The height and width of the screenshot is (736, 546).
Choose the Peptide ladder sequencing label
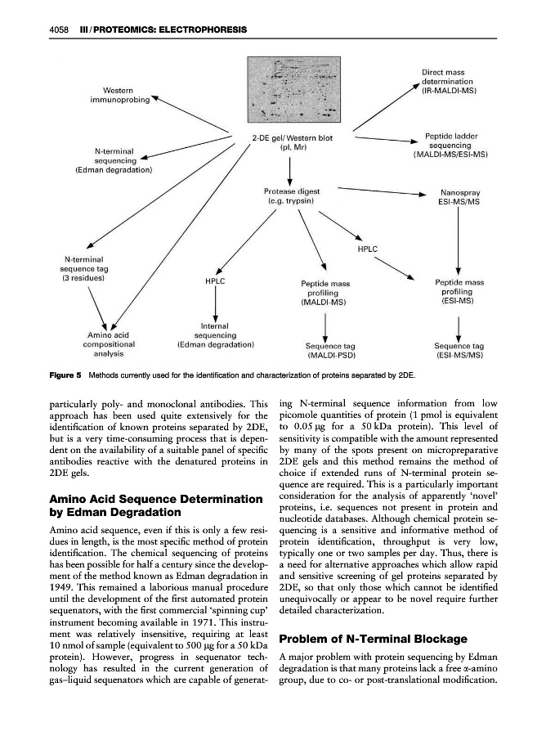click(x=451, y=145)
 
